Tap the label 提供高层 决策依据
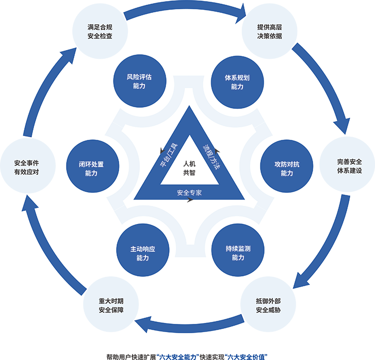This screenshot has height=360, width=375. pos(269,31)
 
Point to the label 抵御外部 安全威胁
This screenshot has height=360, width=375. pos(268,305)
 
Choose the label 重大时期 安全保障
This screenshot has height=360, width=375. pos(111,305)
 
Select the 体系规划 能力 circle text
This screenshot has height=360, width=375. pos(237,82)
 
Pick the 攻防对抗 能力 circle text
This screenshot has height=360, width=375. pos(287,169)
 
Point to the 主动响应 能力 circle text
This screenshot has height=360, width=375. pos(142,253)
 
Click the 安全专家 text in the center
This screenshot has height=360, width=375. pos(189,193)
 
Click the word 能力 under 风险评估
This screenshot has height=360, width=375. pos(139,86)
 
